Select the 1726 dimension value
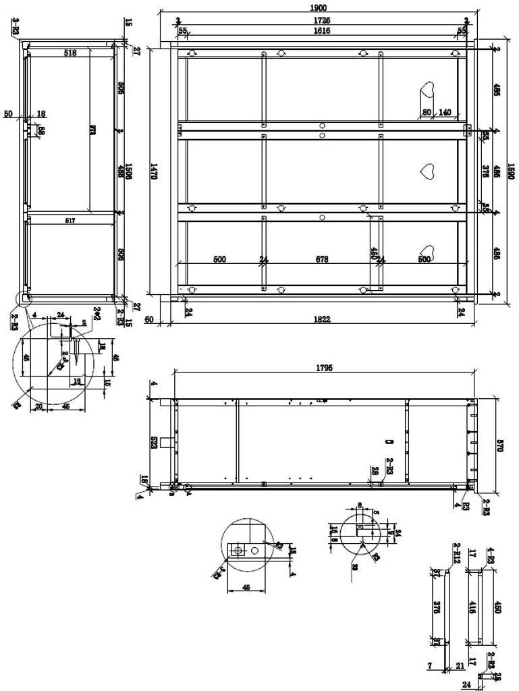(x=322, y=21)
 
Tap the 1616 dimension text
(x=322, y=31)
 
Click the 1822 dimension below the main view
(x=322, y=319)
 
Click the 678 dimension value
(x=323, y=259)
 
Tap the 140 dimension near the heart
(x=445, y=113)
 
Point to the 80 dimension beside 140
(x=427, y=113)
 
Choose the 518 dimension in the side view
(x=70, y=53)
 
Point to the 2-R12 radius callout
(x=457, y=553)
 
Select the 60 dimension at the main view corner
(x=149, y=319)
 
